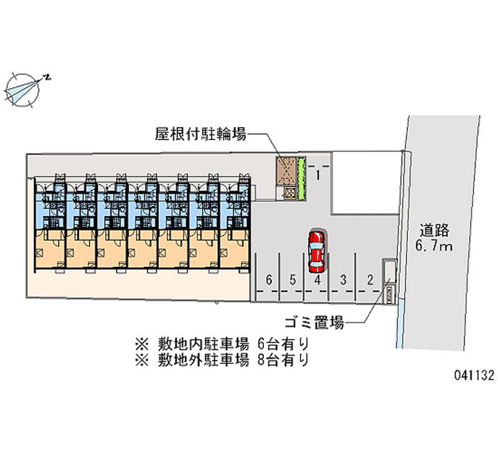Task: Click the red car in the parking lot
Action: tap(316, 252)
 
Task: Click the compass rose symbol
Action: tap(22, 90)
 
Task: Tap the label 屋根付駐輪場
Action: tap(200, 134)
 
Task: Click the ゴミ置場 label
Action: tap(314, 323)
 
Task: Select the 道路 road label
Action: tap(435, 231)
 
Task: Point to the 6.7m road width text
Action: tap(434, 246)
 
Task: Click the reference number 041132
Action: tap(474, 376)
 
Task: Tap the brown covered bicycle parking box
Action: tap(286, 171)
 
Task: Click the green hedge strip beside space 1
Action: tap(301, 178)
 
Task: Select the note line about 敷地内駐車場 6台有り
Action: tap(222, 344)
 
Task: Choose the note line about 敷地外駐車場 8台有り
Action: tap(222, 360)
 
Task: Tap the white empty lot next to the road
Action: tap(366, 183)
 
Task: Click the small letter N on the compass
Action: tap(48, 77)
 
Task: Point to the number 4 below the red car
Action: tap(317, 280)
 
